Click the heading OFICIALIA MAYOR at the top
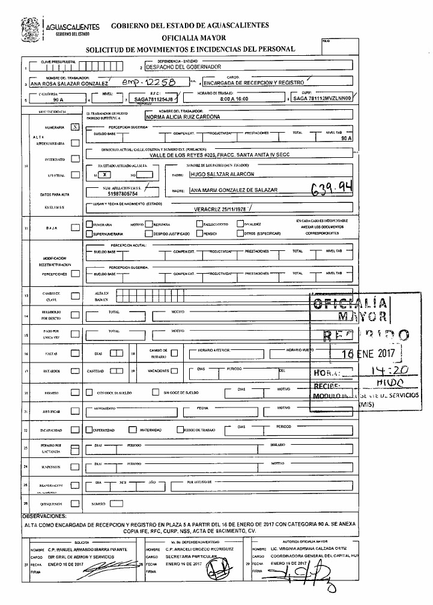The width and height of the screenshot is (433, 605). pyautogui.click(x=190, y=37)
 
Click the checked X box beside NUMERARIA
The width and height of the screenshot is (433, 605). pyautogui.click(x=74, y=127)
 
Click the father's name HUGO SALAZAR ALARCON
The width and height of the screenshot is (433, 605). pyautogui.click(x=222, y=174)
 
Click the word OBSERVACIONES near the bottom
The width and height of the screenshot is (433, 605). pyautogui.click(x=45, y=516)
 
